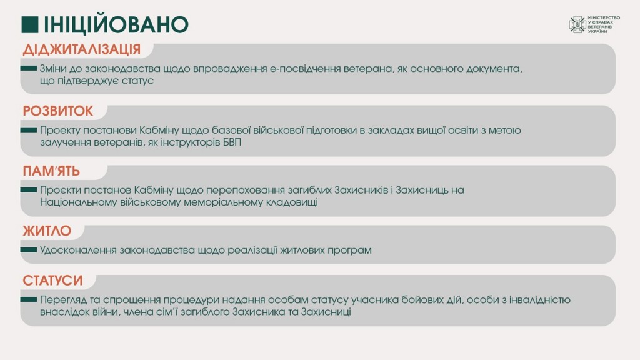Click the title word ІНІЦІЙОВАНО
(x=116, y=24)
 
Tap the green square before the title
(x=30, y=24)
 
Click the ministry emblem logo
(x=577, y=24)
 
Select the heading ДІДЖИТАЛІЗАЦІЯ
(x=82, y=49)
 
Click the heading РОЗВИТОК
(x=58, y=111)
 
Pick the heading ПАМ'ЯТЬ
(x=51, y=171)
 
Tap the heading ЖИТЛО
(x=47, y=231)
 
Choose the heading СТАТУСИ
(x=52, y=281)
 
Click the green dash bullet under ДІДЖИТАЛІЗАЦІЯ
(x=29, y=68)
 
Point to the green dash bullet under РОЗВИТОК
(x=29, y=130)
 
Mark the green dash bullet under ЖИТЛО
(x=29, y=250)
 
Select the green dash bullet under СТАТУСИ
(x=29, y=299)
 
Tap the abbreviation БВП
(x=232, y=142)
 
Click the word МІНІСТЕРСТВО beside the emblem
(x=604, y=18)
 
